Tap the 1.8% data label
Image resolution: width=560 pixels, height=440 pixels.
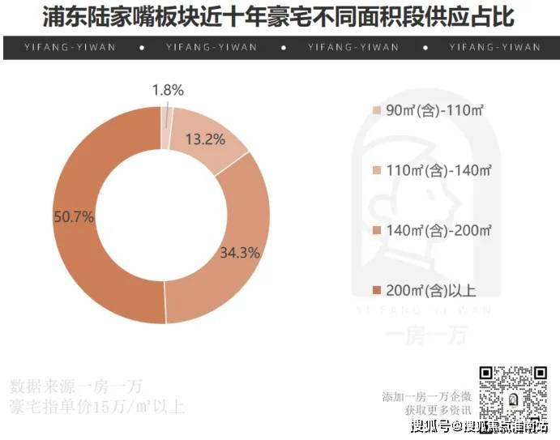pyautogui.click(x=168, y=90)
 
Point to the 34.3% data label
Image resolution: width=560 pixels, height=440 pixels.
pyautogui.click(x=239, y=253)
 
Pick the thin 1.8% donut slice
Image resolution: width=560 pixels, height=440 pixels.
pyautogui.click(x=167, y=117)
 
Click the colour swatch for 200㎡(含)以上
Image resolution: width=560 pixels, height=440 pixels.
pyautogui.click(x=376, y=290)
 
